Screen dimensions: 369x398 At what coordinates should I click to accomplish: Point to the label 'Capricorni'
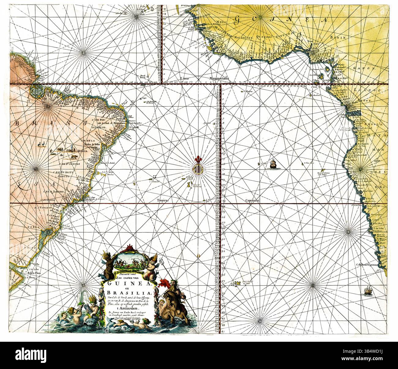pos(252,201)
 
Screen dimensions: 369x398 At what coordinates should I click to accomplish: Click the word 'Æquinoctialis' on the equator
pos(220,78)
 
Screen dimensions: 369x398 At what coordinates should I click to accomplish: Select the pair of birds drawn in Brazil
pos(43,143)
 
